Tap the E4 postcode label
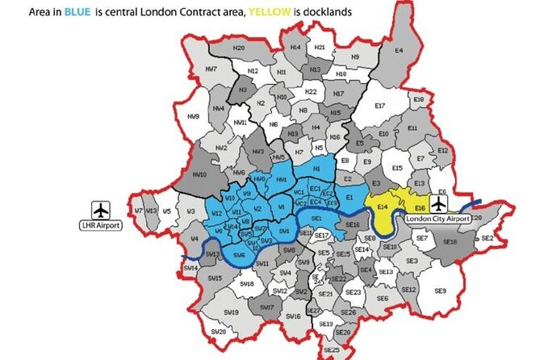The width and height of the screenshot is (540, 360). (x=398, y=51)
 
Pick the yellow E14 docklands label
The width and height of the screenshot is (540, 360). (x=383, y=207)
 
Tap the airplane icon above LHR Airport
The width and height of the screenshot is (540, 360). (x=101, y=208)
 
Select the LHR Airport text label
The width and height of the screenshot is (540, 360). (x=100, y=225)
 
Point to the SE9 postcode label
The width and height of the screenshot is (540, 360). (x=440, y=291)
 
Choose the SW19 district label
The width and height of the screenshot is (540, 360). (x=230, y=311)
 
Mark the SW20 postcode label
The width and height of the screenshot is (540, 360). (x=217, y=331)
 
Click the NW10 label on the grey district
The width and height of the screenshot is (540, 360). (x=201, y=174)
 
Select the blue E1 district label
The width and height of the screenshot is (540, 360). (x=350, y=197)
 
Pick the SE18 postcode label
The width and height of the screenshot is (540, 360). (x=450, y=241)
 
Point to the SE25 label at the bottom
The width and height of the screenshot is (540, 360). (x=331, y=350)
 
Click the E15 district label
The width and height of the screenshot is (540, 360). (x=396, y=168)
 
